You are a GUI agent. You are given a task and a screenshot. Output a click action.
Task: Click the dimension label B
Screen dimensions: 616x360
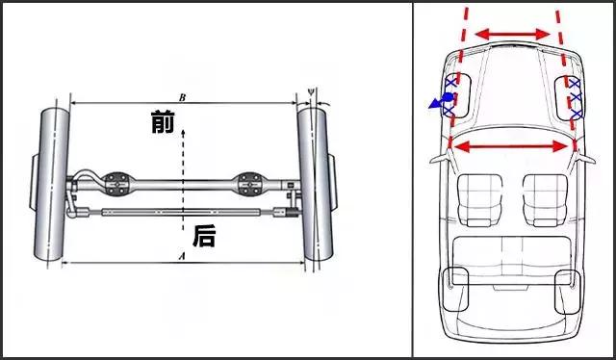pyautogui.click(x=182, y=97)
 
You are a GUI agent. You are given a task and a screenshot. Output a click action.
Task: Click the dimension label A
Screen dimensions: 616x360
pyautogui.click(x=181, y=257)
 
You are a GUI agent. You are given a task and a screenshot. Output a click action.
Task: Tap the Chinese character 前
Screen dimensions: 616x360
pyautogui.click(x=163, y=121)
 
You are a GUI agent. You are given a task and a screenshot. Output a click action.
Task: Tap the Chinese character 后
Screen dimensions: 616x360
pyautogui.click(x=204, y=236)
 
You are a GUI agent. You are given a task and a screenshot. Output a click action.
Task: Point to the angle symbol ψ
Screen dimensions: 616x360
pyautogui.click(x=311, y=91)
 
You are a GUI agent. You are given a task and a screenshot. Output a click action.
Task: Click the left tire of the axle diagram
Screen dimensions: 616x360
pyautogui.click(x=52, y=184)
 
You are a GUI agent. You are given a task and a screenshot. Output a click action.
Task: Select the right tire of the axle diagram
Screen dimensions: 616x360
pyautogui.click(x=316, y=184)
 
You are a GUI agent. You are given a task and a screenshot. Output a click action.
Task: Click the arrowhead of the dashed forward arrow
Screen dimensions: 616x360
pyautogui.click(x=183, y=132)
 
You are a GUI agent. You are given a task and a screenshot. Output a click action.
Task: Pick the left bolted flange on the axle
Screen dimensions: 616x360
pyautogui.click(x=116, y=184)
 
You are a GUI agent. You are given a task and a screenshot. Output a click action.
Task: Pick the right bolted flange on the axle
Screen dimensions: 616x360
pyautogui.click(x=249, y=184)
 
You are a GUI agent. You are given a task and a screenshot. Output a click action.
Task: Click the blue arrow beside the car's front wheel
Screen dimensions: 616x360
pyautogui.click(x=442, y=101)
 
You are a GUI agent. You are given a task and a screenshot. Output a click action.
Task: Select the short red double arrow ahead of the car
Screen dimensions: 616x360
pyautogui.click(x=513, y=35)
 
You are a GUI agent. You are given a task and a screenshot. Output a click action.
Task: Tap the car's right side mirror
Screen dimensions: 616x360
pyautogui.click(x=585, y=159)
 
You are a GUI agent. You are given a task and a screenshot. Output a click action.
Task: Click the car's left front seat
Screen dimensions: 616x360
pyautogui.click(x=480, y=199)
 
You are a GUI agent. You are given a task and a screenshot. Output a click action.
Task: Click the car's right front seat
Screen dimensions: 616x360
pyautogui.click(x=546, y=199)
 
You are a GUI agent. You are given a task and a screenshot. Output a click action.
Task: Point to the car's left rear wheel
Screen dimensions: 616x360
pyautogui.click(x=455, y=289)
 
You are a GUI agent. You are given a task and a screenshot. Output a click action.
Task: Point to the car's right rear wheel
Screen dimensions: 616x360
pyautogui.click(x=568, y=292)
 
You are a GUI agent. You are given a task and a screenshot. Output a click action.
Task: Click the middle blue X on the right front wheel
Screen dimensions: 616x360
pyautogui.click(x=576, y=96)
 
